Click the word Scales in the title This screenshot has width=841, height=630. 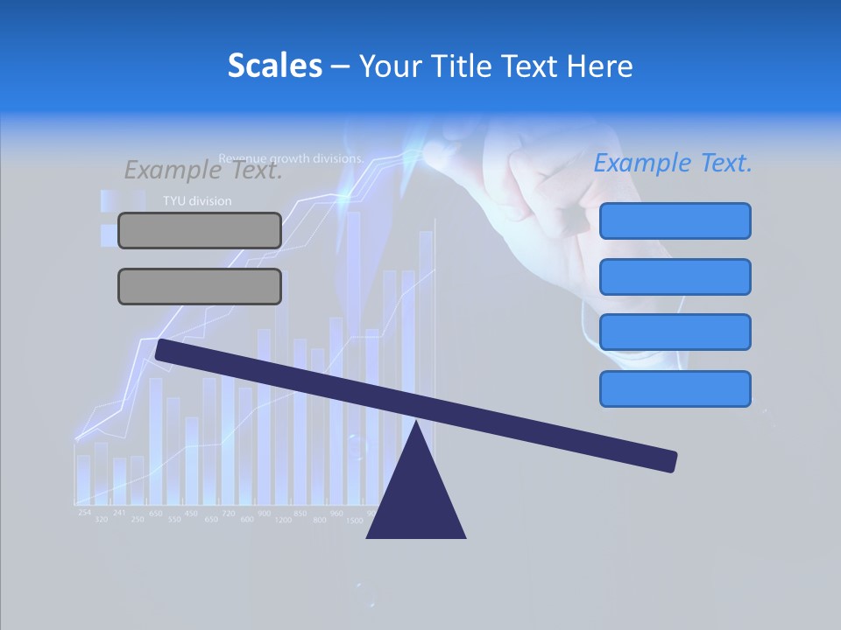coord(274,66)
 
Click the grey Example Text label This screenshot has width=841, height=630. coord(203,170)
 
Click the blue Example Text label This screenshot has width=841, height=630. coord(673,164)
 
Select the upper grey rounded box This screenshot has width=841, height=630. coord(200,230)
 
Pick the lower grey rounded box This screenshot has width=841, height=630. coord(200,286)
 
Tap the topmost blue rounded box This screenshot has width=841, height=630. coord(675,220)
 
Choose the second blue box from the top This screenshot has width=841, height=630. coord(675,276)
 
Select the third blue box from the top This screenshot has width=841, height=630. coord(675,332)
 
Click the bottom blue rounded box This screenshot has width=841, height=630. coord(675,388)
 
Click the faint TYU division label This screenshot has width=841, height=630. coord(197,201)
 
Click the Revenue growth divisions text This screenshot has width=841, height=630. coord(291,159)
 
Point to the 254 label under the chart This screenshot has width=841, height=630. coord(84,512)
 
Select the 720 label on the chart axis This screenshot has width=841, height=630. coord(228,513)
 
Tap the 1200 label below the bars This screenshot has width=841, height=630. coord(283,521)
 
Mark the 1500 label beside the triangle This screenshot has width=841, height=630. coord(355,521)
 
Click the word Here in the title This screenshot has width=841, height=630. coord(601,66)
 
